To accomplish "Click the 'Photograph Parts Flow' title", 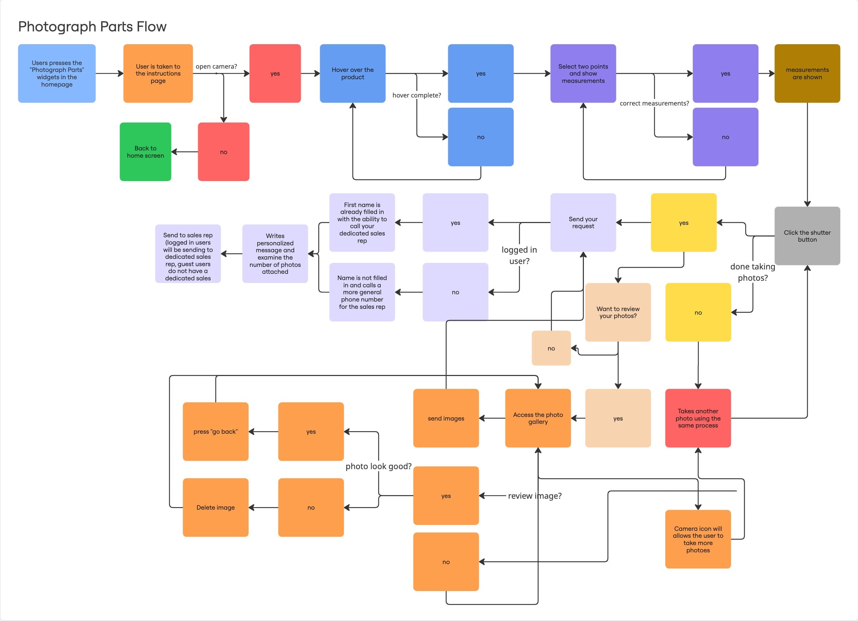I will point(92,27).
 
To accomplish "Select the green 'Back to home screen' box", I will point(145,152).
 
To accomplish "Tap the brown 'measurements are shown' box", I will point(807,73).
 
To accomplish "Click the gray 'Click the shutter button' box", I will point(807,236).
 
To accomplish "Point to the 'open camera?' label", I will point(216,66).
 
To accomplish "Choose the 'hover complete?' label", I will point(416,95).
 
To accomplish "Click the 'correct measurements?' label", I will point(654,103).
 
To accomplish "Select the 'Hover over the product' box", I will point(353,73).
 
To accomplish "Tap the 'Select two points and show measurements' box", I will point(583,73).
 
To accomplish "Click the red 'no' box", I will point(224,152).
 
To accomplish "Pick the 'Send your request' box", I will point(583,222).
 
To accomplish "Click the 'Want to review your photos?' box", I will point(618,312).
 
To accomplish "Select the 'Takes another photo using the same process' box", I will point(698,418).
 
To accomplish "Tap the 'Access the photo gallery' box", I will point(538,418).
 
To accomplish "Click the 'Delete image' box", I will point(215,507).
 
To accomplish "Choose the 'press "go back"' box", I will point(215,432).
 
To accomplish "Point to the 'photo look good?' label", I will point(378,466).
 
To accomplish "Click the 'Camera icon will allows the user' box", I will point(698,539).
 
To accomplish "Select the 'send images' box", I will point(446,418).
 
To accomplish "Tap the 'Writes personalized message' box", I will point(275,253).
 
